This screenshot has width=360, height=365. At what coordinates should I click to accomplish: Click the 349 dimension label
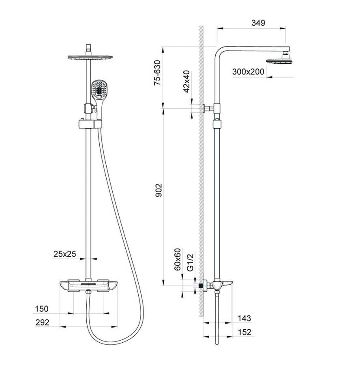[x=258, y=23]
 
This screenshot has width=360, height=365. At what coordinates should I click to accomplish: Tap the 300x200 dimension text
[x=248, y=71]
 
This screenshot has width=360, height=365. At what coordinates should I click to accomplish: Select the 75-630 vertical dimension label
[x=157, y=73]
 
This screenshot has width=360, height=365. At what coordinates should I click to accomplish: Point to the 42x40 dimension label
[x=186, y=82]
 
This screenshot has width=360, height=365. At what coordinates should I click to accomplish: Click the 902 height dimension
[x=159, y=190]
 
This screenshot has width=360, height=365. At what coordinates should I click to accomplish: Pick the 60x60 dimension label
[x=178, y=260]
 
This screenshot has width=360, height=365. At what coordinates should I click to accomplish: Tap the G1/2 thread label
[x=190, y=262]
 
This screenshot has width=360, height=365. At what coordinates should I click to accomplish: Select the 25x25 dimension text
[x=65, y=254]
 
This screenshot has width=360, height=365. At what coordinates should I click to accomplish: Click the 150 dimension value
[x=42, y=309]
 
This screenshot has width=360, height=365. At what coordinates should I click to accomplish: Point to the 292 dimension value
[x=42, y=322]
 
